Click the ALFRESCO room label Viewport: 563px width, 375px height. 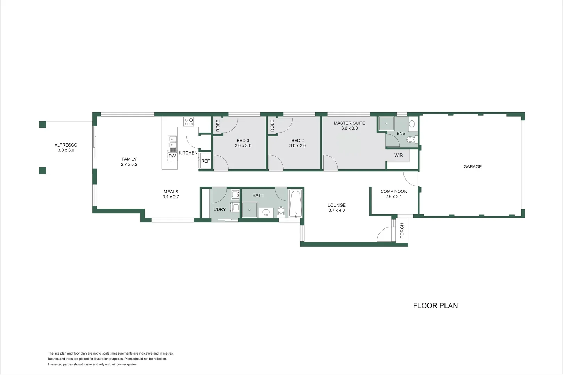click(66, 145)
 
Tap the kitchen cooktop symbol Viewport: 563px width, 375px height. click(189, 122)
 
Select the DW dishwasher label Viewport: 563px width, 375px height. click(172, 156)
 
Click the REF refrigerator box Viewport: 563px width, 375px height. click(205, 161)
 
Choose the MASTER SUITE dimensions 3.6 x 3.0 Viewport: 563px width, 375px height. click(349, 128)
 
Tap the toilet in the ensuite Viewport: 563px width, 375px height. click(411, 140)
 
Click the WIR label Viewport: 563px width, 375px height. click(399, 155)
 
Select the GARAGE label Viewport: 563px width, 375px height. click(472, 167)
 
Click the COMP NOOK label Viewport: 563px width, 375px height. click(393, 191)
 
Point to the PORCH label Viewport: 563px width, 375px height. click(402, 231)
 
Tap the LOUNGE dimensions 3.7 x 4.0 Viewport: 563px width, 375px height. click(336, 210)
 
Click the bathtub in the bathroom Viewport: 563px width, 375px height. click(295, 203)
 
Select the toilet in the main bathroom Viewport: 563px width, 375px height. click(281, 211)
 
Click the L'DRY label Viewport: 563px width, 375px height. click(220, 209)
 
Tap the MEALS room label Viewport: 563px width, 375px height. click(171, 192)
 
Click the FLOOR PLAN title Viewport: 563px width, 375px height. click(435, 306)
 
